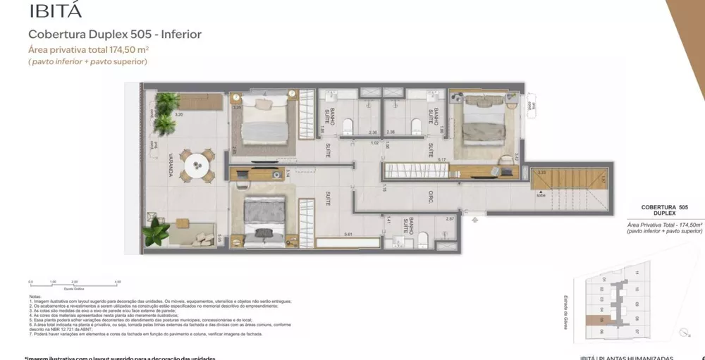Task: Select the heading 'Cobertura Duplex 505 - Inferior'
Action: pos(114,34)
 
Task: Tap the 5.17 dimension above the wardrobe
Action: pos(441,159)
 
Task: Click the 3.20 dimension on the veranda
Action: pos(159,114)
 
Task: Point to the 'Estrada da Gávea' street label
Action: pos(566,312)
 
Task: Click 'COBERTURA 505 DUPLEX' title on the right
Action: pos(659,210)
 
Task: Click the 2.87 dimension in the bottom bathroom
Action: pos(450,219)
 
